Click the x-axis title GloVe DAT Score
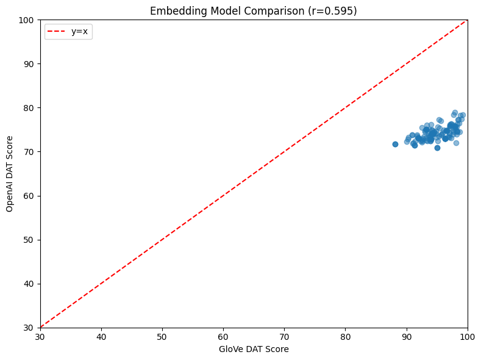tap(253, 349)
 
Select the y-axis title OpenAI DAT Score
tap(9, 174)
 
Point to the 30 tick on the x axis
tap(40, 336)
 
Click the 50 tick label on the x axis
tap(162, 336)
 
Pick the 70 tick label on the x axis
tap(284, 336)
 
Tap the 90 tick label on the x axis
tap(407, 336)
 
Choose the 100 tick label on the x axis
tap(468, 336)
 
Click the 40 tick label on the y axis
tap(28, 284)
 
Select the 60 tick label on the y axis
tap(28, 196)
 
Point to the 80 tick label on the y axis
tap(28, 108)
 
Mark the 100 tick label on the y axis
tap(26, 20)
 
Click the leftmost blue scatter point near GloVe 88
tap(395, 144)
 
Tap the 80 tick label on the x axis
tap(346, 336)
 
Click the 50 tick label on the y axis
tap(28, 240)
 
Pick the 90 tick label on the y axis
tap(28, 64)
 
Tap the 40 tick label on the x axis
tap(101, 336)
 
